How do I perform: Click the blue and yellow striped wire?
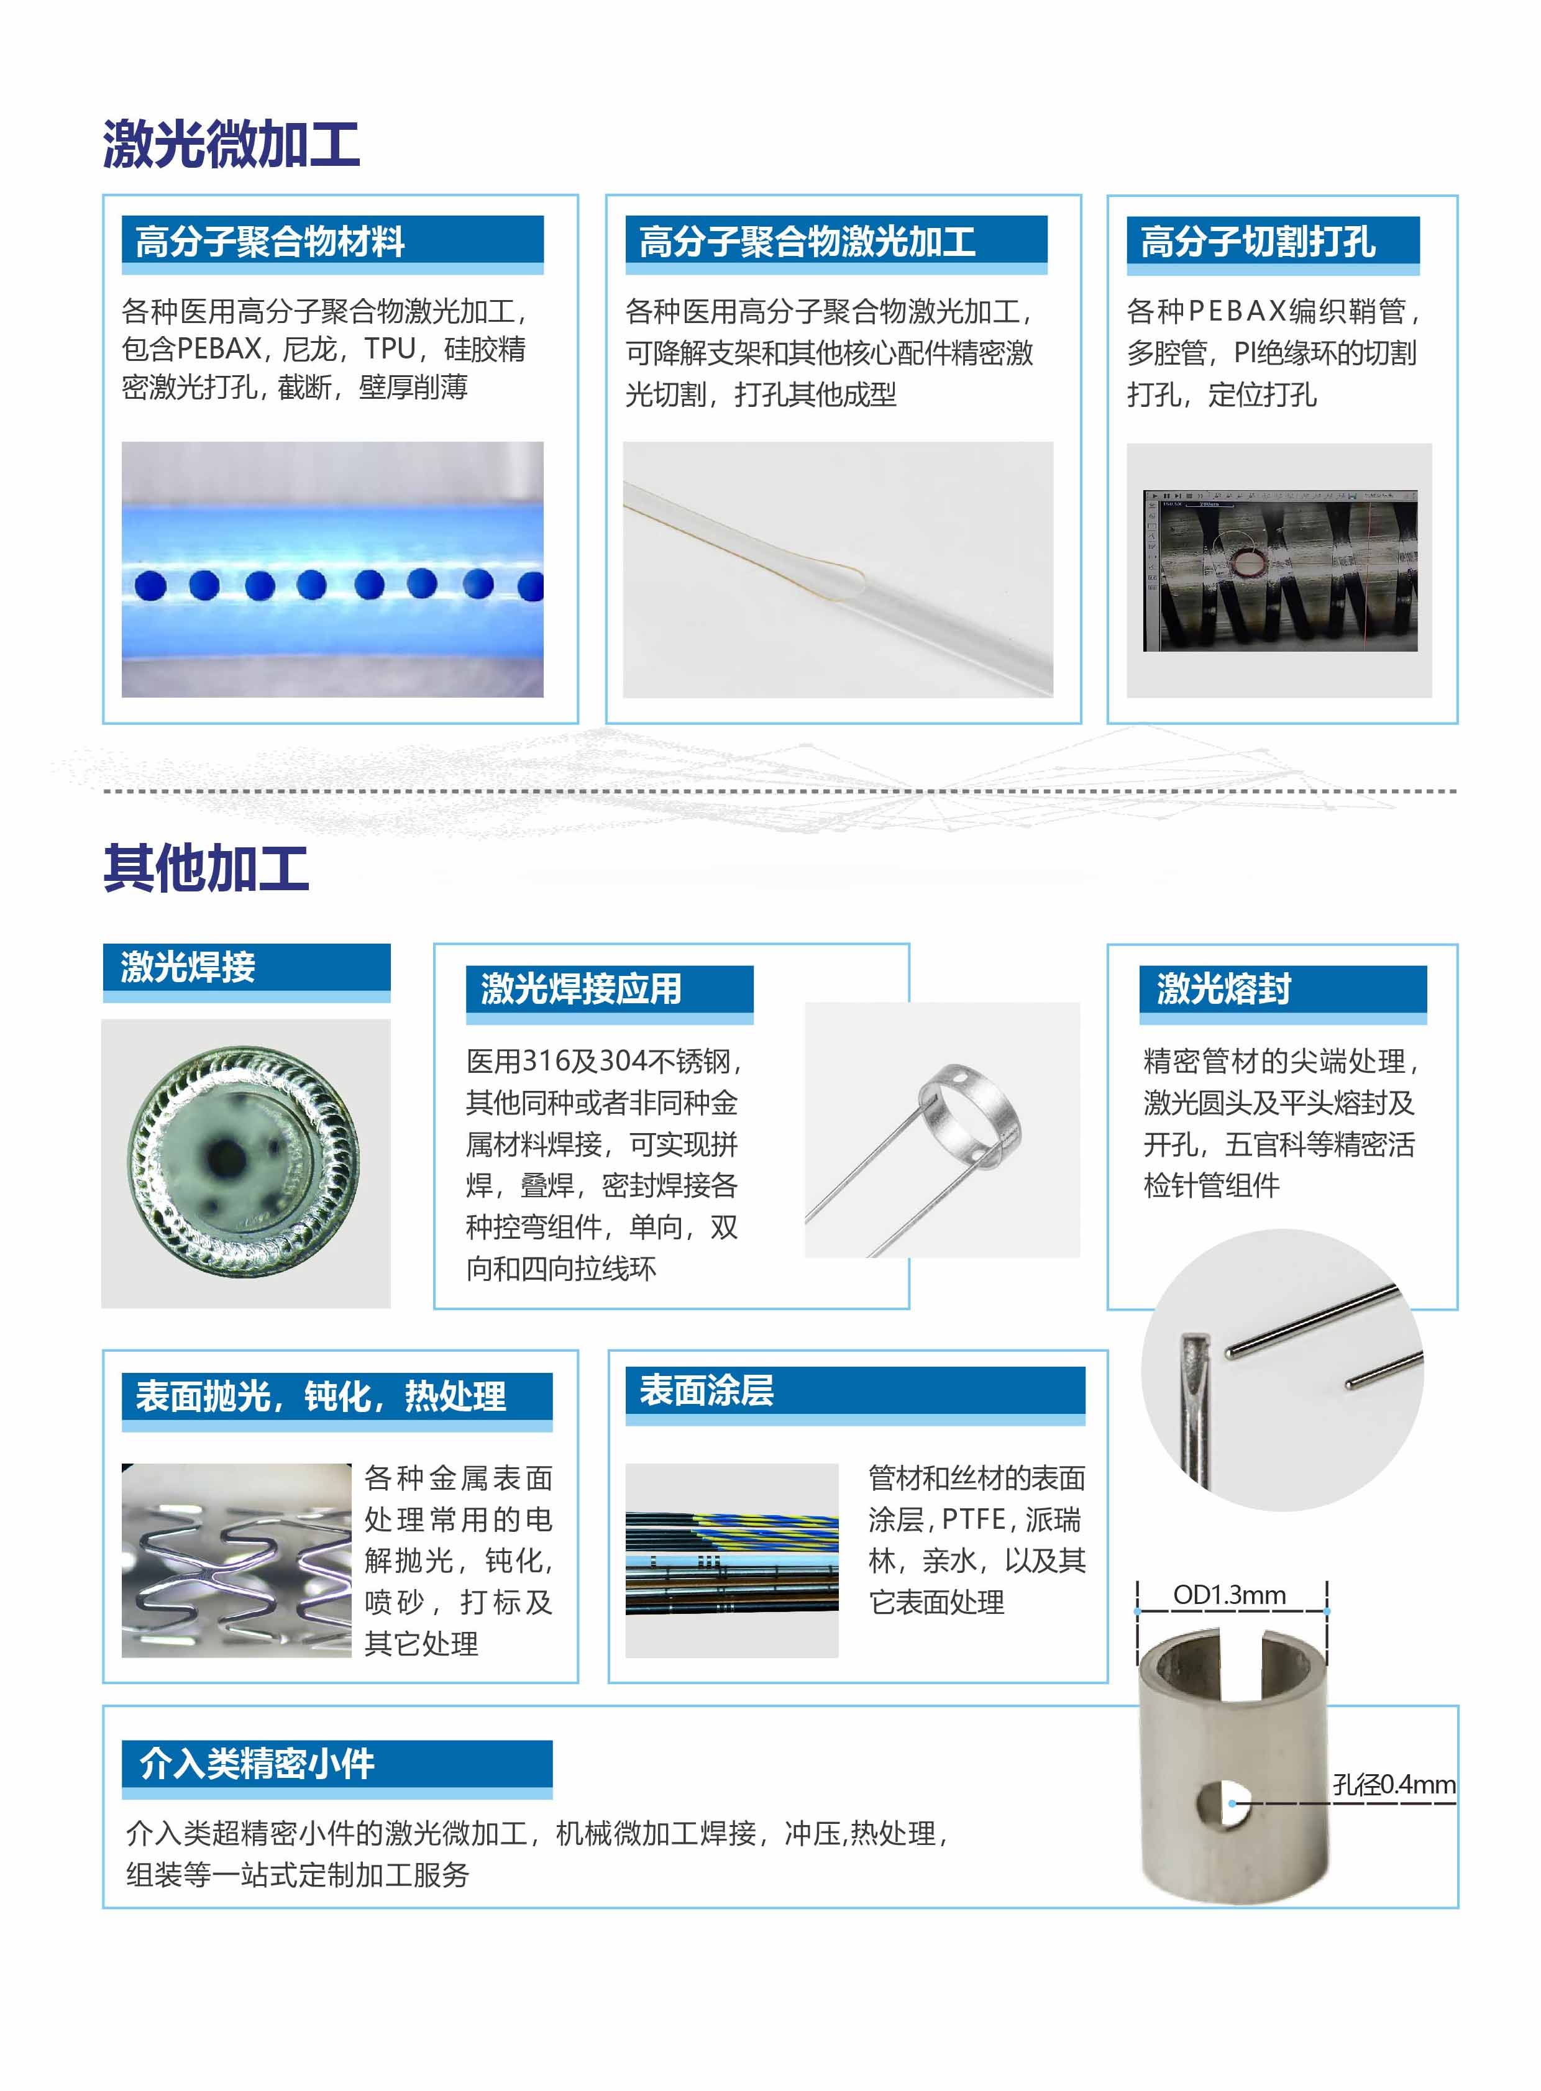(765, 1529)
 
